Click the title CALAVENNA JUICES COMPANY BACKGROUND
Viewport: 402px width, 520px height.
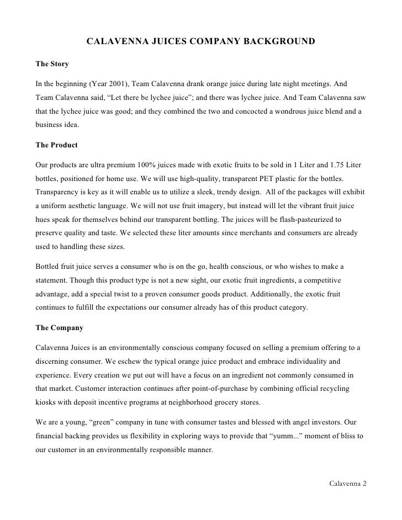tap(201, 41)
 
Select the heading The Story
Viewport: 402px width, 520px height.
tap(52, 64)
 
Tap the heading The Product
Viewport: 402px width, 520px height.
tap(56, 145)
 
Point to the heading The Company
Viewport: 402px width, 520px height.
tap(59, 327)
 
